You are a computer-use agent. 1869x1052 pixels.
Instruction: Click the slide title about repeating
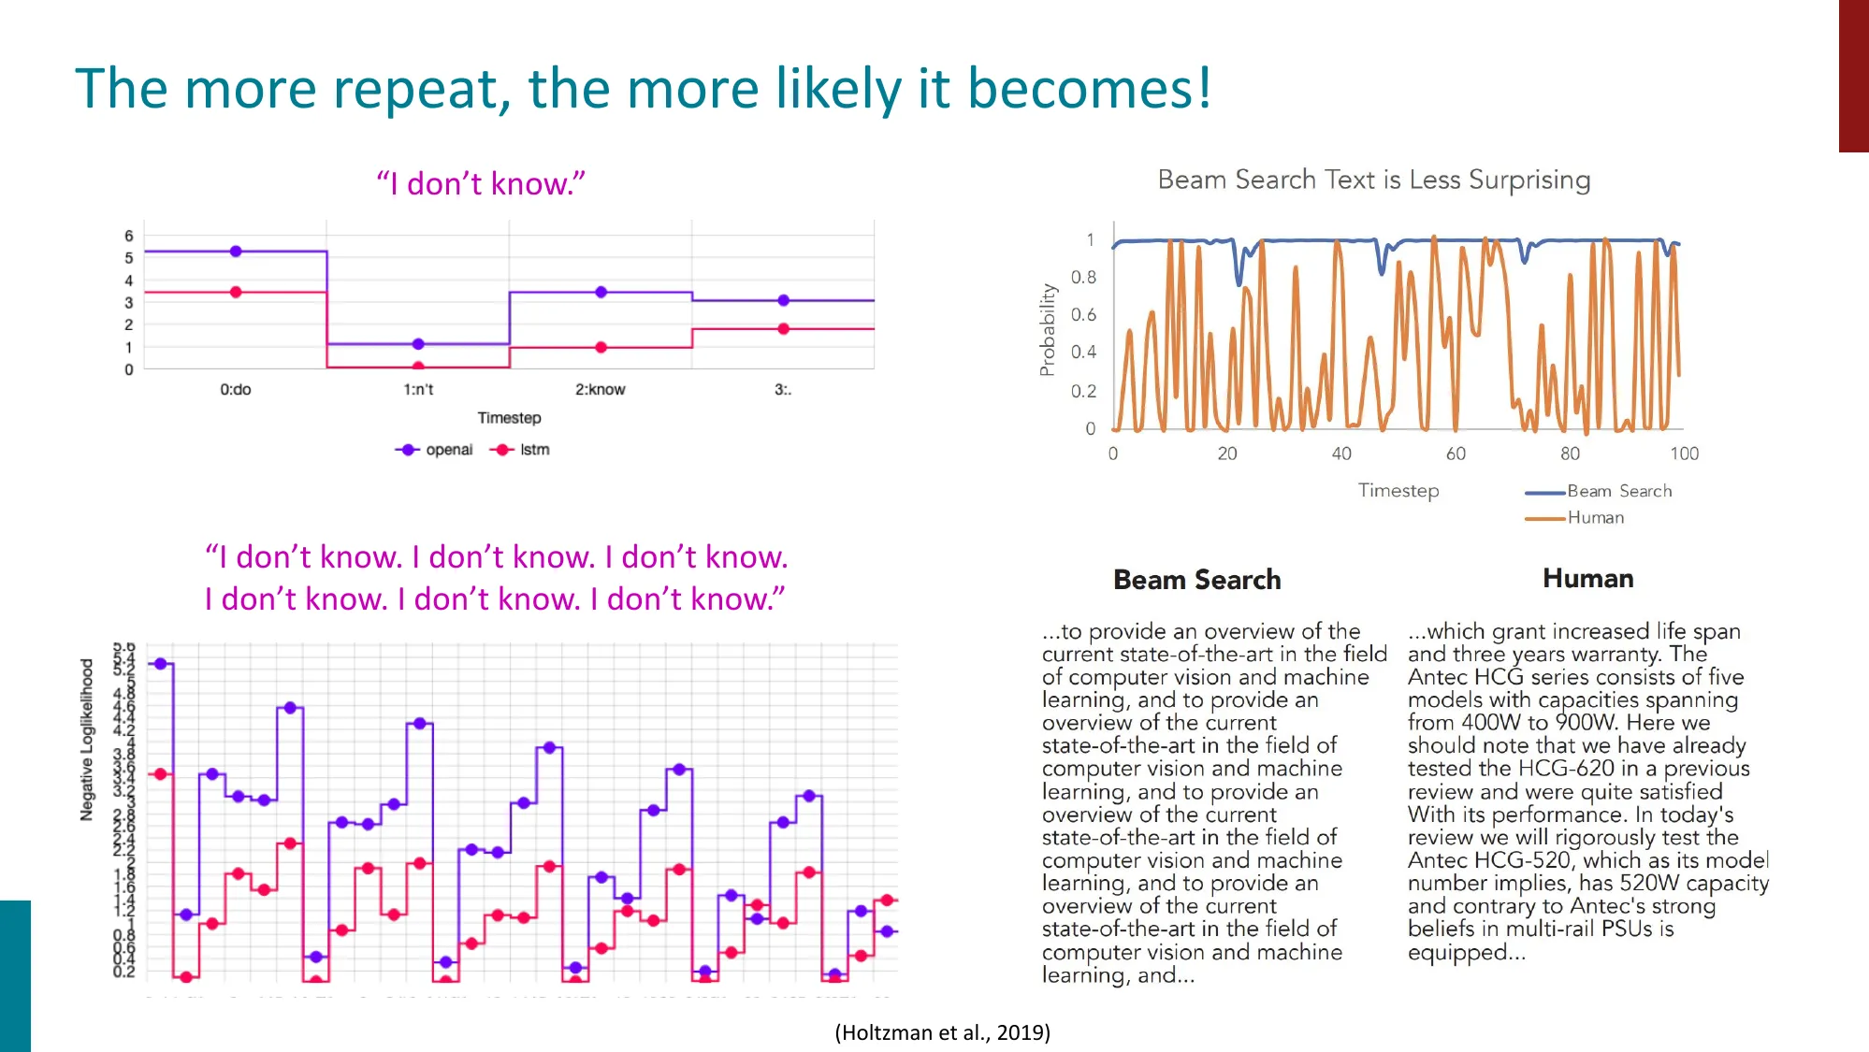pos(643,89)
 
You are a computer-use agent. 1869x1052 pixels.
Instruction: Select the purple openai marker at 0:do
pos(236,252)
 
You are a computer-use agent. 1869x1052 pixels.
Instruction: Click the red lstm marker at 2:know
pos(601,347)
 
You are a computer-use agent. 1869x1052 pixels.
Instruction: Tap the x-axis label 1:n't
pos(418,390)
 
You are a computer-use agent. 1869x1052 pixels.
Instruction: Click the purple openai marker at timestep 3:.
pos(783,300)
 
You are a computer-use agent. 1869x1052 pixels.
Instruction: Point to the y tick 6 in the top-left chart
pos(129,236)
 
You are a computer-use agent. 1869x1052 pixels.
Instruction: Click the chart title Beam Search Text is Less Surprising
pos(1373,180)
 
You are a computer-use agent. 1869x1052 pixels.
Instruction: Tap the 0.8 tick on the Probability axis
pos(1083,278)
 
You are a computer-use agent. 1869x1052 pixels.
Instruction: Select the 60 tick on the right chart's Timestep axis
pos(1456,454)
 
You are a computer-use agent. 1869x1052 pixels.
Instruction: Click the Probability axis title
pos(1048,330)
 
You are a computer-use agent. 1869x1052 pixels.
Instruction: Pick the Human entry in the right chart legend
pos(1595,517)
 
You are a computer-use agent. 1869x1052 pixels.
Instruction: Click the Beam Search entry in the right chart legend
pos(1618,491)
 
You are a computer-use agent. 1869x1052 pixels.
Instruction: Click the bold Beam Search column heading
pos(1196,580)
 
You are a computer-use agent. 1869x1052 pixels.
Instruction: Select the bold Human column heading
pos(1587,578)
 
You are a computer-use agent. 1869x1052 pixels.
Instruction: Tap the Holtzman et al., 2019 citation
pos(942,1032)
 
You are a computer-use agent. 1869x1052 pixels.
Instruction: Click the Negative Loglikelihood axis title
pos(87,739)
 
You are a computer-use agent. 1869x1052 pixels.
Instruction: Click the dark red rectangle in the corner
pos(1853,75)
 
